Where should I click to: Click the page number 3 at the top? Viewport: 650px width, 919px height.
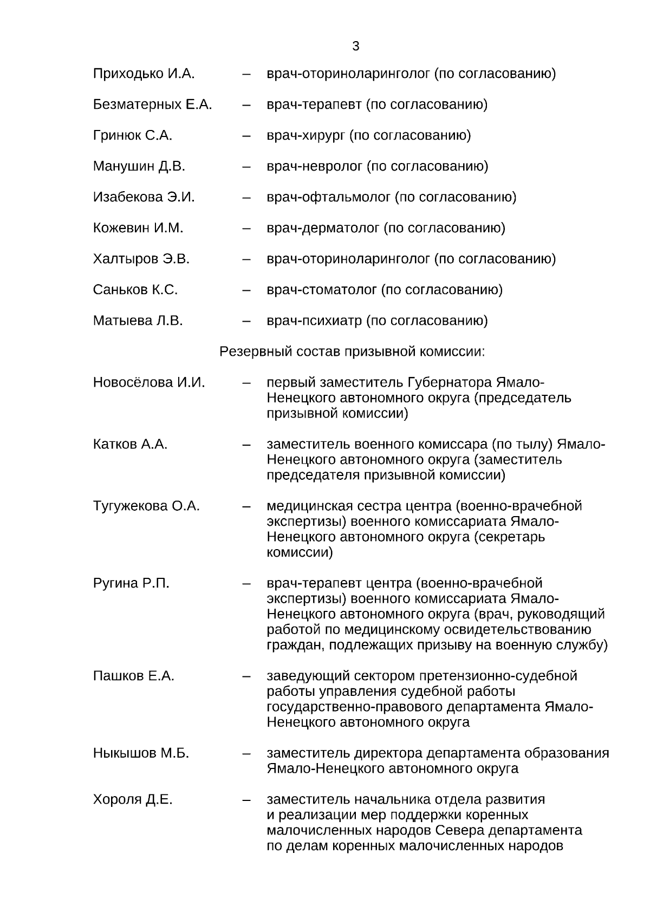pyautogui.click(x=355, y=47)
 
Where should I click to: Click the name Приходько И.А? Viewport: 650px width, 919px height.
pyautogui.click(x=144, y=74)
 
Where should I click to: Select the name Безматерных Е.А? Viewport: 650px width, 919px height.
pyautogui.click(x=152, y=105)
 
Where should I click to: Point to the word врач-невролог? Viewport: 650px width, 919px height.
pyautogui.click(x=314, y=166)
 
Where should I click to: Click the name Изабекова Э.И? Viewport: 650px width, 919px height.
pyautogui.click(x=144, y=197)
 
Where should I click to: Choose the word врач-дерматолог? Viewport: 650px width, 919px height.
pyautogui.click(x=323, y=228)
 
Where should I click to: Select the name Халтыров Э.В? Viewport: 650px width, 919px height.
pyautogui.click(x=141, y=259)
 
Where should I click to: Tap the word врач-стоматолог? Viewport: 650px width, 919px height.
pyautogui.click(x=321, y=290)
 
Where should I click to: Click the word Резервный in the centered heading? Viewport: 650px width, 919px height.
pyautogui.click(x=256, y=352)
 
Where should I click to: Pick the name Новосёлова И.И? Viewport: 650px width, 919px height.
pyautogui.click(x=149, y=383)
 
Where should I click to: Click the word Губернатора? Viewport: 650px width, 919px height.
pyautogui.click(x=449, y=383)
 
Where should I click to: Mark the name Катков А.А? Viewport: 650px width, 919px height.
pyautogui.click(x=130, y=445)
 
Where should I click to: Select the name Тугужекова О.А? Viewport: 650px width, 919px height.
pyautogui.click(x=146, y=506)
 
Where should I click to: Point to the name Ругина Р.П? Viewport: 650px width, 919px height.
pyautogui.click(x=131, y=584)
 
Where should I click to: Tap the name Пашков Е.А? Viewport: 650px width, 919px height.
pyautogui.click(x=133, y=676)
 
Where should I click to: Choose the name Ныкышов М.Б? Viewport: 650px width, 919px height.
pyautogui.click(x=141, y=753)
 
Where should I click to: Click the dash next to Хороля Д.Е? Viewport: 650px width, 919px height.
pyautogui.click(x=246, y=800)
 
